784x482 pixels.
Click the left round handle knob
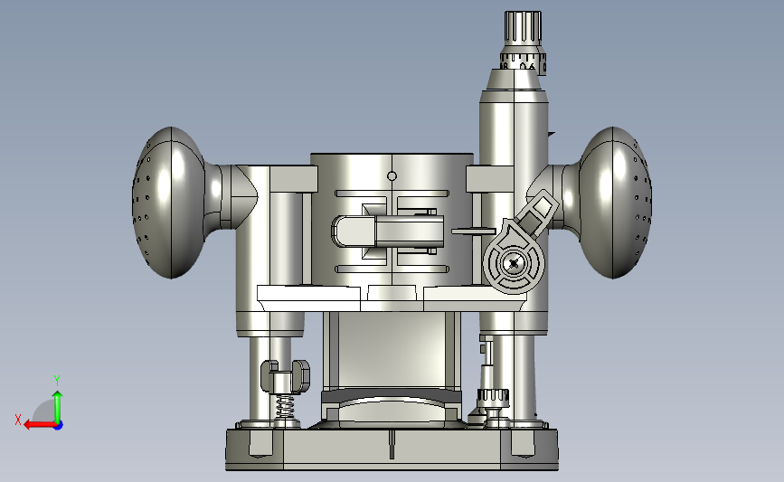(x=168, y=203)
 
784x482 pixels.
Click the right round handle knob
(x=616, y=203)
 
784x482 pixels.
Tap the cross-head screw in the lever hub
(x=514, y=263)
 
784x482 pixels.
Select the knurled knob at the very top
(x=523, y=27)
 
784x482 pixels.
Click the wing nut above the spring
(x=285, y=376)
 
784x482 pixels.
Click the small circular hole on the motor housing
(x=392, y=176)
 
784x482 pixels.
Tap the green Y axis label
(x=57, y=381)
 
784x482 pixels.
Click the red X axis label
(x=18, y=420)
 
